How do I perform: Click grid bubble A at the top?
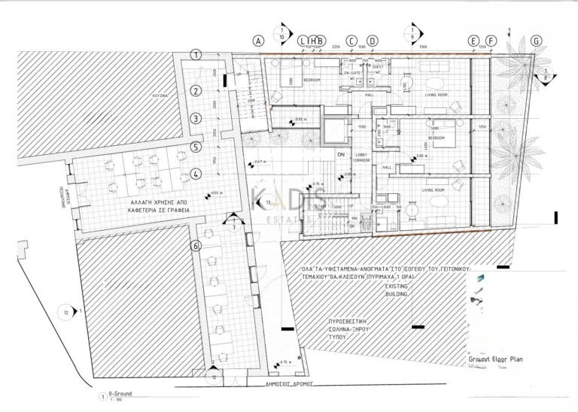pyautogui.click(x=258, y=41)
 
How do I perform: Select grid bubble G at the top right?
pyautogui.click(x=536, y=41)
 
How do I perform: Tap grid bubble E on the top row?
pyautogui.click(x=473, y=41)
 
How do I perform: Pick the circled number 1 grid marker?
pyautogui.click(x=196, y=55)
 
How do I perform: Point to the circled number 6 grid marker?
pyautogui.click(x=196, y=246)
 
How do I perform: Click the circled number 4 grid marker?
pyautogui.click(x=196, y=174)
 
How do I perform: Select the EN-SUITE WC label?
pyautogui.click(x=351, y=73)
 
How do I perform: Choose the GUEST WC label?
pyautogui.click(x=378, y=69)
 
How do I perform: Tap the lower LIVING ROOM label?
pyautogui.click(x=434, y=190)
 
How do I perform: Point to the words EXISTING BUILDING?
pyautogui.click(x=397, y=290)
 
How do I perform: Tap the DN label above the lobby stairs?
pyautogui.click(x=340, y=155)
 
